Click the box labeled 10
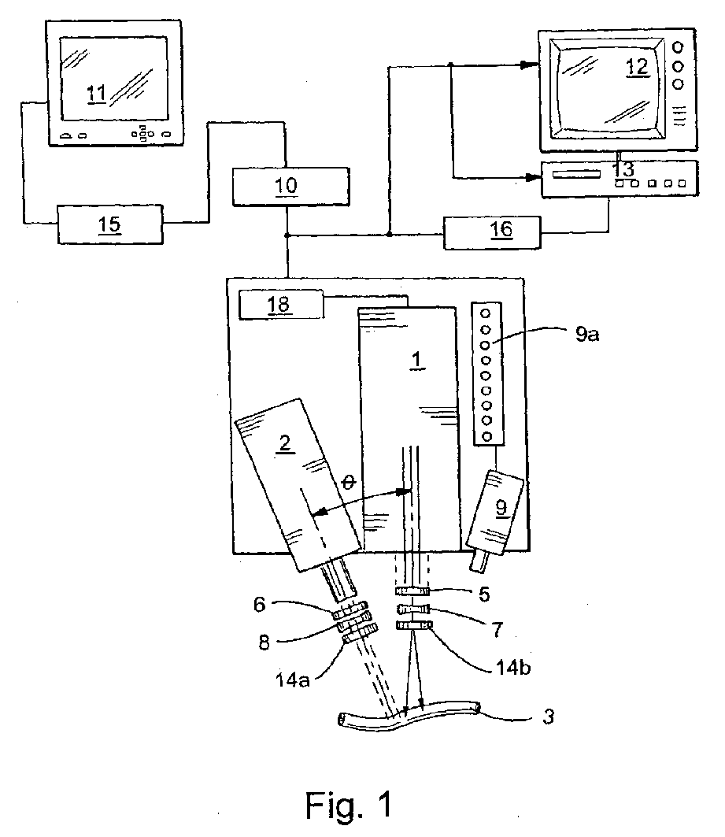click(x=289, y=186)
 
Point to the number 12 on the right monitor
click(x=637, y=67)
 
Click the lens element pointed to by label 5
click(x=412, y=591)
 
